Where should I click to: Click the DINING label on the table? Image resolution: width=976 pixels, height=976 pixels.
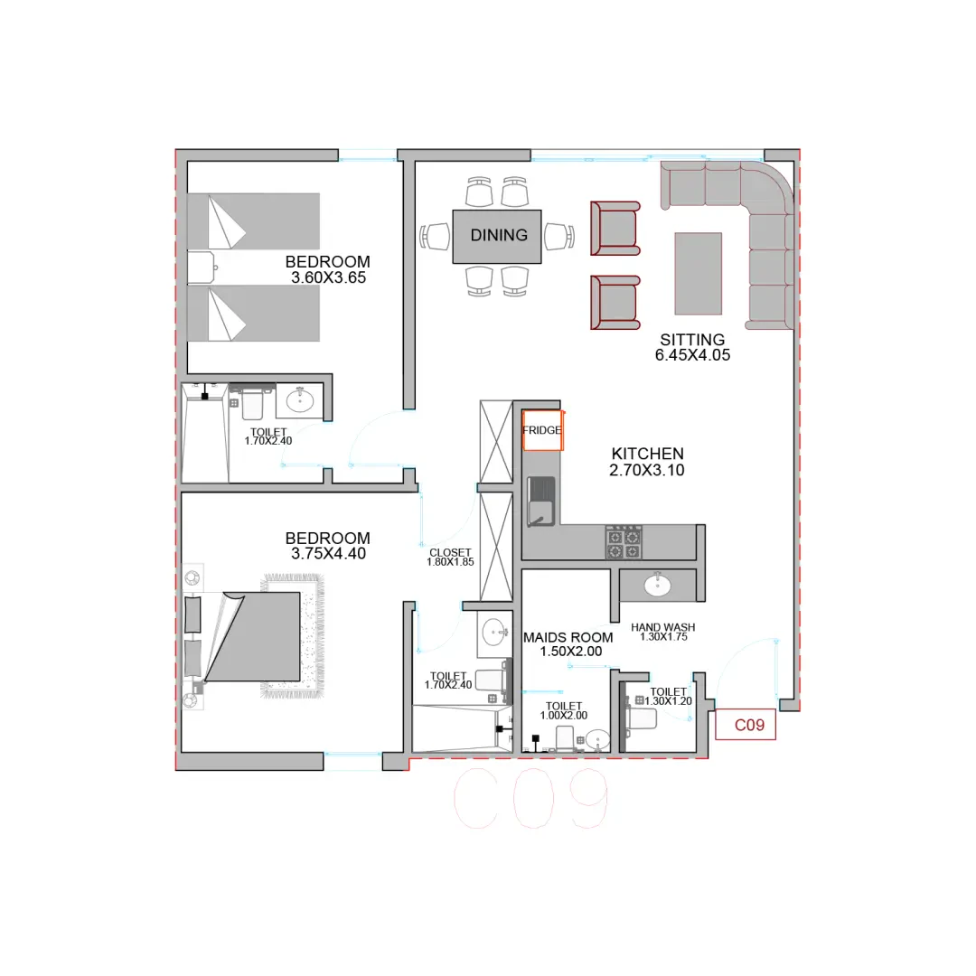point(499,235)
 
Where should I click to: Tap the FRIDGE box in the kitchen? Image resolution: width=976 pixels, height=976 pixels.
point(542,430)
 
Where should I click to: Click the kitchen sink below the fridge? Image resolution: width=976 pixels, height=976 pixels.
point(541,501)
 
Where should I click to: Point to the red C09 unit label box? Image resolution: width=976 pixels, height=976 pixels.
point(746,725)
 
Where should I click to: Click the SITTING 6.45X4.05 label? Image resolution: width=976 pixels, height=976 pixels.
point(692,347)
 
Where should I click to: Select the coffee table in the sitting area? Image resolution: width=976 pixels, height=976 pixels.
point(698,274)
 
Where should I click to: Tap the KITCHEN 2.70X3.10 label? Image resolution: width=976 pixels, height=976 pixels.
point(647,462)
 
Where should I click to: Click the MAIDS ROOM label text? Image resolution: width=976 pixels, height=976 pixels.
point(568,637)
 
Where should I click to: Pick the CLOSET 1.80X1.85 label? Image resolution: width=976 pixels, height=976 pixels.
point(450,557)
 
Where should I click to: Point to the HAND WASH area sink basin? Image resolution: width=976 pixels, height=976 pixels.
point(657,585)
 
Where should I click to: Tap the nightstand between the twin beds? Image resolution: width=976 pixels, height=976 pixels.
point(202,267)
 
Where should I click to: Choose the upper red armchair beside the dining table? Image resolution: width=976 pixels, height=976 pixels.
point(615,229)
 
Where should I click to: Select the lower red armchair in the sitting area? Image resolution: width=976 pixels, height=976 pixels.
point(615,303)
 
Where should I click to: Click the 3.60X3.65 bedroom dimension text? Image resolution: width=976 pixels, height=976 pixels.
point(328,277)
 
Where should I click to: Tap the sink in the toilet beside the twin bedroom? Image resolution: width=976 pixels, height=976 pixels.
point(300,400)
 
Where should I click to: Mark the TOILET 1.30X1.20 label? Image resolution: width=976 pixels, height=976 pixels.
point(668,697)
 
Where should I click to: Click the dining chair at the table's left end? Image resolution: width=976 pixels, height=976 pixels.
point(435,237)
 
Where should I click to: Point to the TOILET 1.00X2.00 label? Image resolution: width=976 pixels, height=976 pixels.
point(563,711)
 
